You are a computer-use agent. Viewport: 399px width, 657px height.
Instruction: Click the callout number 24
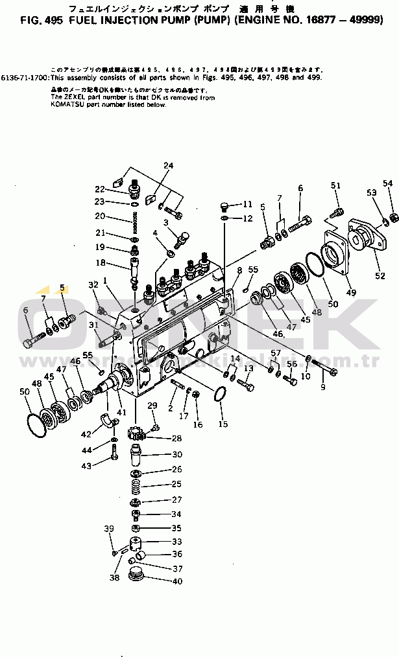coord(169,166)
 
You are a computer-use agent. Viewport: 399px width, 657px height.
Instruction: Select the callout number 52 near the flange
coord(380,276)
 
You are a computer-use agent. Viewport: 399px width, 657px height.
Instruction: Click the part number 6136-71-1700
coord(25,76)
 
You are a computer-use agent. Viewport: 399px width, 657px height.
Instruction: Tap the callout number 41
coord(121,411)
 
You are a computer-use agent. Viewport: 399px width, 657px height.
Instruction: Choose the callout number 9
coord(322,387)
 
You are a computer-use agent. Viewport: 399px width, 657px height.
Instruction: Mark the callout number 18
coord(100,262)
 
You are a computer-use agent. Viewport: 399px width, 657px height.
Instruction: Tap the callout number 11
coord(247,204)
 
